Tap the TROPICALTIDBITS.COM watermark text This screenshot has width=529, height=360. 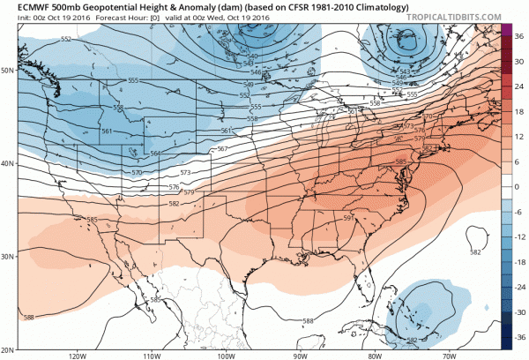pos(473,17)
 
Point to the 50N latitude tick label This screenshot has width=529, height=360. pos(10,70)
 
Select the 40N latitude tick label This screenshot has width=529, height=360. pos(10,164)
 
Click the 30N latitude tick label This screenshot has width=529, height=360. pos(10,257)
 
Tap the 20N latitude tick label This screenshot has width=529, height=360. pos(10,349)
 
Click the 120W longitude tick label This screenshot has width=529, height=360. pos(75,356)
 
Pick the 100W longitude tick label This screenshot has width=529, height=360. pos(224,356)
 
